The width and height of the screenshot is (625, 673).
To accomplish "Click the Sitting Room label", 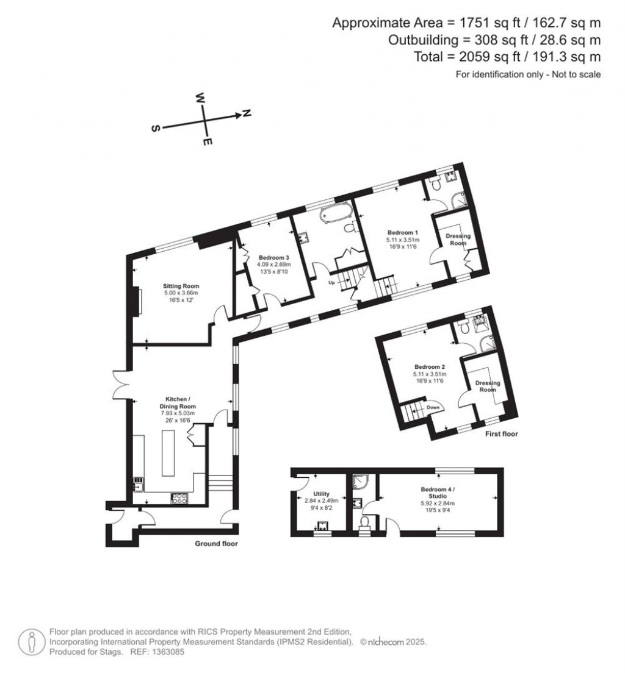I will coord(181,286).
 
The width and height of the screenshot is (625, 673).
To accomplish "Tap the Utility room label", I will coord(321,494).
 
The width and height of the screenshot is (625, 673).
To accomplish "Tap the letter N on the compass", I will coord(247,113).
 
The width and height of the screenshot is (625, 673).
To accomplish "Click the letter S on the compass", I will coord(156,129).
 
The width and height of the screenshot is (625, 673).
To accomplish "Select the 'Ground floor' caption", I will coord(216,544).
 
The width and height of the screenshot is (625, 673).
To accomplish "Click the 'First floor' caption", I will coord(497,435).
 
